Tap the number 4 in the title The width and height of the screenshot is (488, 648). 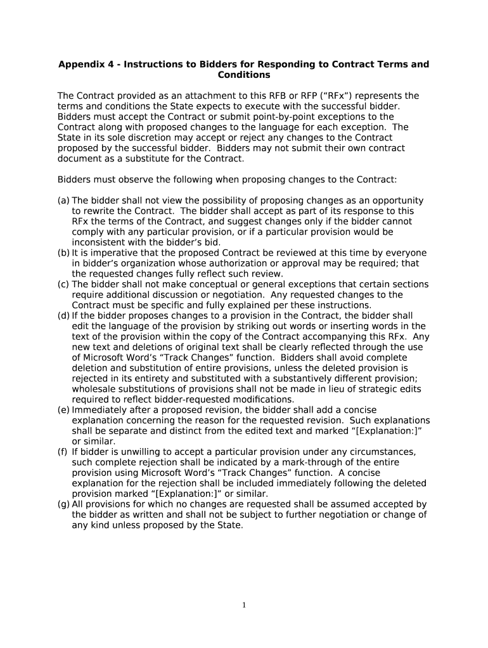pos(111,65)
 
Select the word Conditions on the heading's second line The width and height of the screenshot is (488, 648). pos(244,75)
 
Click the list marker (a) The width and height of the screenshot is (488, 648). pos(63,201)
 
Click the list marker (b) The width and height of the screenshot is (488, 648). pos(63,253)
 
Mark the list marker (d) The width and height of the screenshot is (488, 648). pos(63,316)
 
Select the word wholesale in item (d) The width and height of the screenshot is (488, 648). pos(94,389)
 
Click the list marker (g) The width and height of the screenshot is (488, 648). pos(63,504)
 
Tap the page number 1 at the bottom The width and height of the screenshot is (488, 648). pos(243,606)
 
